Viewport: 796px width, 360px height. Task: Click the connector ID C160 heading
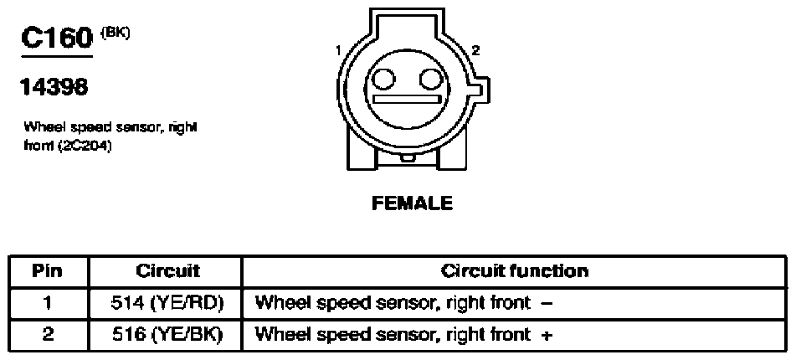pos(57,39)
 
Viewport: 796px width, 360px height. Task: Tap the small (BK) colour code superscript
pos(116,33)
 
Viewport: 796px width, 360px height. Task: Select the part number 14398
pos(54,88)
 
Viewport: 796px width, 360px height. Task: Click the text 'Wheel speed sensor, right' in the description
pos(110,126)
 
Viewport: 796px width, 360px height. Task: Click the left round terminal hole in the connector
pos(384,80)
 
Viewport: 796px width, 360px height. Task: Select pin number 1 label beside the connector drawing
pos(338,50)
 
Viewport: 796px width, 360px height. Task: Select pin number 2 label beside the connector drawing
pos(475,50)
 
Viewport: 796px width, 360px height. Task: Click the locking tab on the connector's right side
pos(483,91)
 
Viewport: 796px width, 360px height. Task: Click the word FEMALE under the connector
pos(412,203)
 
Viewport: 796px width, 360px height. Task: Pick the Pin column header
pos(47,271)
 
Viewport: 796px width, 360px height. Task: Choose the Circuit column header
pos(167,271)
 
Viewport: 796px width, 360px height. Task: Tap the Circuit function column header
pos(514,271)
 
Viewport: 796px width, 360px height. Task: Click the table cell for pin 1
pos(48,304)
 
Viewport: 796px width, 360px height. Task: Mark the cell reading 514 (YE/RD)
pos(167,304)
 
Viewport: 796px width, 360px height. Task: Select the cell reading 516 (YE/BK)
pos(167,336)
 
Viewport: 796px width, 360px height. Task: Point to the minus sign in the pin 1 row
pos(547,304)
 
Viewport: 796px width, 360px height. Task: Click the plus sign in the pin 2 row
pos(547,336)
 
